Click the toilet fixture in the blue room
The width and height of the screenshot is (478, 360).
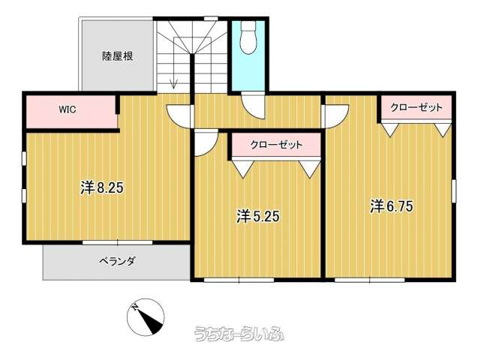[248, 37]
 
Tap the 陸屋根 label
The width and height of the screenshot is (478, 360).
[118, 56]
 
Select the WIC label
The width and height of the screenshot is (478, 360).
[68, 109]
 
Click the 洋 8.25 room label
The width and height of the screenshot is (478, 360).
[102, 187]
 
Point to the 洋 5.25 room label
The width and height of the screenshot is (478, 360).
[258, 217]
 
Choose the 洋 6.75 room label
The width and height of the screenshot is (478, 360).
[392, 206]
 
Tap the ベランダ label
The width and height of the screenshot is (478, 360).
[117, 261]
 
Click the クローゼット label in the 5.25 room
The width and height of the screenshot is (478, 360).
[276, 145]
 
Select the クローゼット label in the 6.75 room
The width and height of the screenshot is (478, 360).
[416, 107]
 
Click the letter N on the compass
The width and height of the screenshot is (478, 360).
[135, 307]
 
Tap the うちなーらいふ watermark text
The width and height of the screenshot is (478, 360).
[239, 333]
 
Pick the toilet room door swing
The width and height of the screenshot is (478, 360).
[252, 106]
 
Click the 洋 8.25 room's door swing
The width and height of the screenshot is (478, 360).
[180, 116]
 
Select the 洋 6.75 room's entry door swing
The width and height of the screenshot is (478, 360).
[335, 116]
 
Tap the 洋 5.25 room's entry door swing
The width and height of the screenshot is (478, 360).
[206, 142]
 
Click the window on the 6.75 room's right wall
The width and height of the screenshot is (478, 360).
[453, 191]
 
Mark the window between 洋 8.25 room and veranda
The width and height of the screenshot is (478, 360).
[118, 243]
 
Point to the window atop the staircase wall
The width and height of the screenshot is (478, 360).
[211, 19]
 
